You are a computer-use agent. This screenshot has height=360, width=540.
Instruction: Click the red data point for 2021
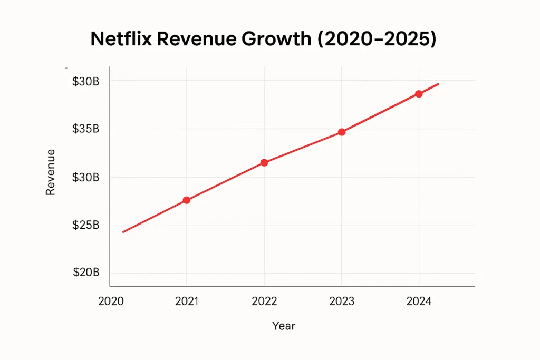pyautogui.click(x=187, y=200)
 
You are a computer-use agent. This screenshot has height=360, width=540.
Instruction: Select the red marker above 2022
pyautogui.click(x=264, y=163)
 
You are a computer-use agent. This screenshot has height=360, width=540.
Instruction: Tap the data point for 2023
pyautogui.click(x=342, y=132)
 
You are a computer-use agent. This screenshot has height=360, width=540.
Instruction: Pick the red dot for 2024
pyautogui.click(x=419, y=94)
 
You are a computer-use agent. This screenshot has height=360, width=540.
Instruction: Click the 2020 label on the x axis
pyautogui.click(x=111, y=301)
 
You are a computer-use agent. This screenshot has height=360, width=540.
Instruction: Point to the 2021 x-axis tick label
pyautogui.click(x=187, y=301)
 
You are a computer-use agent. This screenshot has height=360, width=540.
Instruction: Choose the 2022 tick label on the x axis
pyautogui.click(x=264, y=301)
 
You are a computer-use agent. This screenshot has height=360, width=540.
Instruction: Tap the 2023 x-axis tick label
pyautogui.click(x=342, y=301)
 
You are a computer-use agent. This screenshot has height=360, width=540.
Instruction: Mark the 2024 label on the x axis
pyautogui.click(x=419, y=301)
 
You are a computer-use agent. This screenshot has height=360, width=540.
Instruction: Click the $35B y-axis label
pyautogui.click(x=86, y=129)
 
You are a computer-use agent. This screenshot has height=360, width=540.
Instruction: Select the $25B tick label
pyautogui.click(x=86, y=226)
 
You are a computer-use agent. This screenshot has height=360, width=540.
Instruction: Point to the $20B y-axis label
pyautogui.click(x=86, y=273)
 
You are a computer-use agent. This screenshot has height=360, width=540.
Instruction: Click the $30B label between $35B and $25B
pyautogui.click(x=86, y=177)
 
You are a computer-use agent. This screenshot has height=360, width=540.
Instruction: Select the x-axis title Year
pyautogui.click(x=284, y=326)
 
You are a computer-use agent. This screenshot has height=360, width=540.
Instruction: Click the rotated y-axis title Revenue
pyautogui.click(x=50, y=172)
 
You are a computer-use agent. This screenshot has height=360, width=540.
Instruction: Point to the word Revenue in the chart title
pyautogui.click(x=199, y=40)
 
